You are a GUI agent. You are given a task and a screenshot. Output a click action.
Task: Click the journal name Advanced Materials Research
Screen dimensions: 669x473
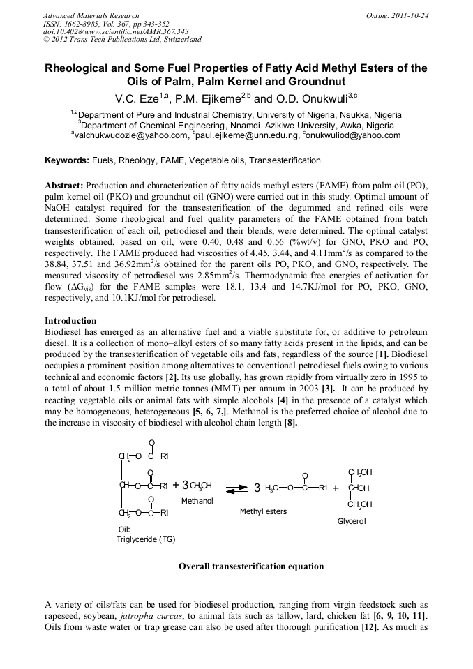point(91,15)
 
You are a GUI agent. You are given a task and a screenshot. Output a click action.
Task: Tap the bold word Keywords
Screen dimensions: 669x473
point(67,160)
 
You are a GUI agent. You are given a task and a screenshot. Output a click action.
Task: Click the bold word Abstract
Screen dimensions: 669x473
point(64,185)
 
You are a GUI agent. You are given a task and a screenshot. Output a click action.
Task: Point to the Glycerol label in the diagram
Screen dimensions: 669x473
point(352,521)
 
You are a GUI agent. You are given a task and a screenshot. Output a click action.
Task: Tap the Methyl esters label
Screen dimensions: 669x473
point(263,511)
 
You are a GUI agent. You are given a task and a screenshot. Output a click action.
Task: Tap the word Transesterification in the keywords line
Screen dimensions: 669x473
point(285,160)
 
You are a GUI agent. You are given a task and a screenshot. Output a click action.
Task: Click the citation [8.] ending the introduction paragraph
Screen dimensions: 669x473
point(290,423)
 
